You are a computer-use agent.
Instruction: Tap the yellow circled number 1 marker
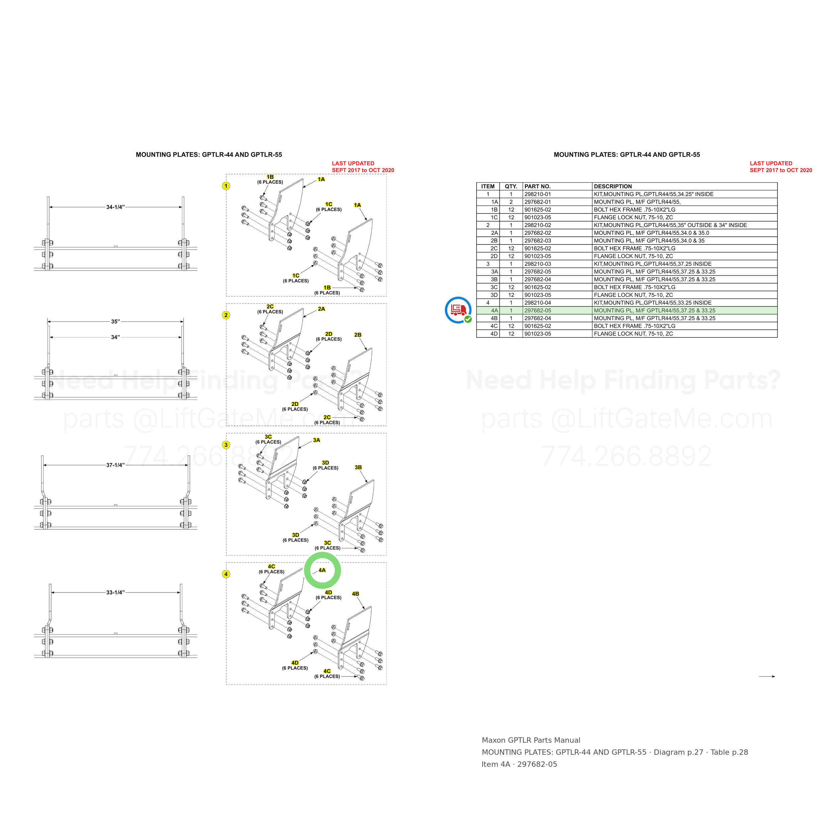pyautogui.click(x=226, y=186)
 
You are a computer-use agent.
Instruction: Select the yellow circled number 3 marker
pyautogui.click(x=226, y=445)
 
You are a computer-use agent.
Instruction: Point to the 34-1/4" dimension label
pyautogui.click(x=115, y=207)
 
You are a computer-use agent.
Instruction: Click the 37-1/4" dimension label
pyautogui.click(x=115, y=465)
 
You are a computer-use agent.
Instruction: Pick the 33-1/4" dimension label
pyautogui.click(x=115, y=592)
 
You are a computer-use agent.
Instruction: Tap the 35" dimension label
pyautogui.click(x=115, y=321)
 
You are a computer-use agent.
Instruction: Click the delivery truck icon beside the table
pyautogui.click(x=458, y=310)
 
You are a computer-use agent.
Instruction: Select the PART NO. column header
pyautogui.click(x=537, y=187)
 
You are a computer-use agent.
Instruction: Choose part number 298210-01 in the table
pyautogui.click(x=538, y=194)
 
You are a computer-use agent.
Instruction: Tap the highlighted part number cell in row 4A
pyautogui.click(x=538, y=311)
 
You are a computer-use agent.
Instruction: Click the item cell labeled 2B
pyautogui.click(x=494, y=240)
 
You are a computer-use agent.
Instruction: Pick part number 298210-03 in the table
pyautogui.click(x=538, y=264)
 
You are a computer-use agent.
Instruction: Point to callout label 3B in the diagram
pyautogui.click(x=358, y=467)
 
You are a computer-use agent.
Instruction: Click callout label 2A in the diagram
pyautogui.click(x=321, y=309)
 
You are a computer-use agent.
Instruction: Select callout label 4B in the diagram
pyautogui.click(x=356, y=594)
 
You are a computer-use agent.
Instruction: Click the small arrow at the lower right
pyautogui.click(x=767, y=676)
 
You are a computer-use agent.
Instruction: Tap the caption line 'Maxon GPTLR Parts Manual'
pyautogui.click(x=531, y=740)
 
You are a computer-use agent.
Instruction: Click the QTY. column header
pyautogui.click(x=511, y=187)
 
